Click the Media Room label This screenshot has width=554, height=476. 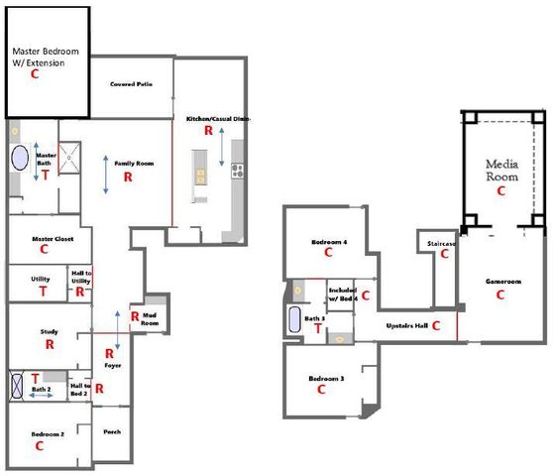coord(500,170)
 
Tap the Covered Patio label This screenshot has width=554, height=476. coord(129,84)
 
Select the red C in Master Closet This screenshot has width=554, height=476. coord(45,250)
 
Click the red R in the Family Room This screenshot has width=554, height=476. coord(128,177)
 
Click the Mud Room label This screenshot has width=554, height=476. coord(151,319)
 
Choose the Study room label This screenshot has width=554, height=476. coord(48,331)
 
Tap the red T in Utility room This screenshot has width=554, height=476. coord(43,292)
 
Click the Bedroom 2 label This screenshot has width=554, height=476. coord(47,434)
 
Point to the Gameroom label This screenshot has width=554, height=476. coord(501,281)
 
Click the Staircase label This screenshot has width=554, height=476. coord(442,242)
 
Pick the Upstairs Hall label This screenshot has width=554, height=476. coord(405,324)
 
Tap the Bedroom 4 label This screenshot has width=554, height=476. coord(326,241)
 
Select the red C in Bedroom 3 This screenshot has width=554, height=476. coord(322,390)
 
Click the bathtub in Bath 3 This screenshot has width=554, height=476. coord(294,319)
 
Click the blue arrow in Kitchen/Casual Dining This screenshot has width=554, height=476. coord(222,159)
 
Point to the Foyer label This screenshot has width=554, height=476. coord(111,366)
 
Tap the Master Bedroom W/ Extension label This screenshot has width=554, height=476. coord(46,57)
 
